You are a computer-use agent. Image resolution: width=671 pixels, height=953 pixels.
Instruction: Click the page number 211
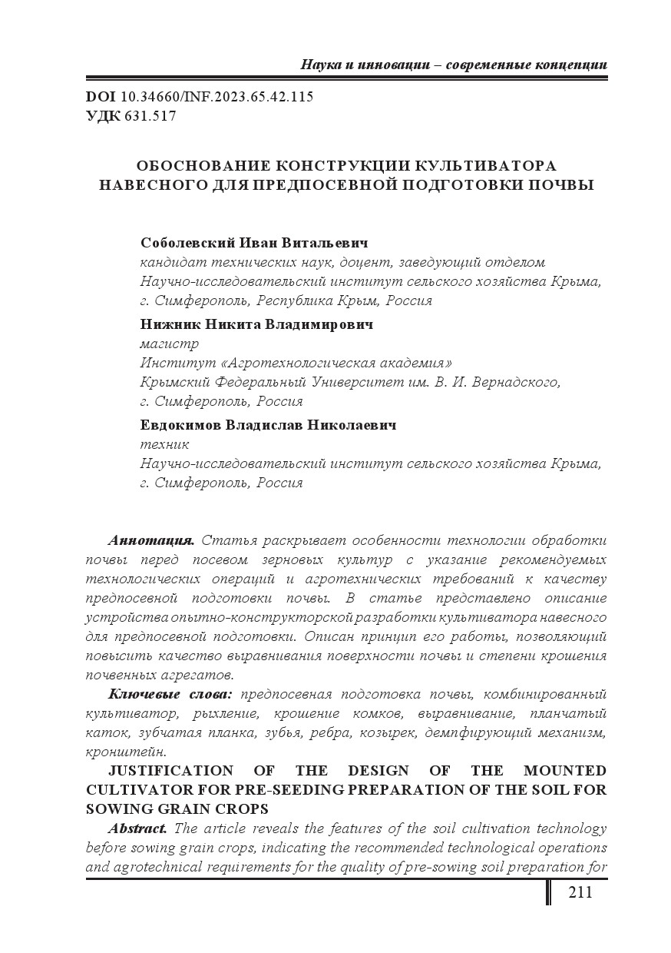[580, 892]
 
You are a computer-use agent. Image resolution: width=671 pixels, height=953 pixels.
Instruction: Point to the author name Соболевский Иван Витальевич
[255, 243]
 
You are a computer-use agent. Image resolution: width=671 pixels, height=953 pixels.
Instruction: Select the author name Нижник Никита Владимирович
[257, 324]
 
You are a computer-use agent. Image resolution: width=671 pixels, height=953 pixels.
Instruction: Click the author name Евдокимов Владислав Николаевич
[269, 425]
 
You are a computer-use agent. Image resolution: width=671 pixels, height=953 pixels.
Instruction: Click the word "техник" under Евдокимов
[164, 444]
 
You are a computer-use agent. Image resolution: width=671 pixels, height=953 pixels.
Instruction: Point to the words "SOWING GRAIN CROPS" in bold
[177, 809]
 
